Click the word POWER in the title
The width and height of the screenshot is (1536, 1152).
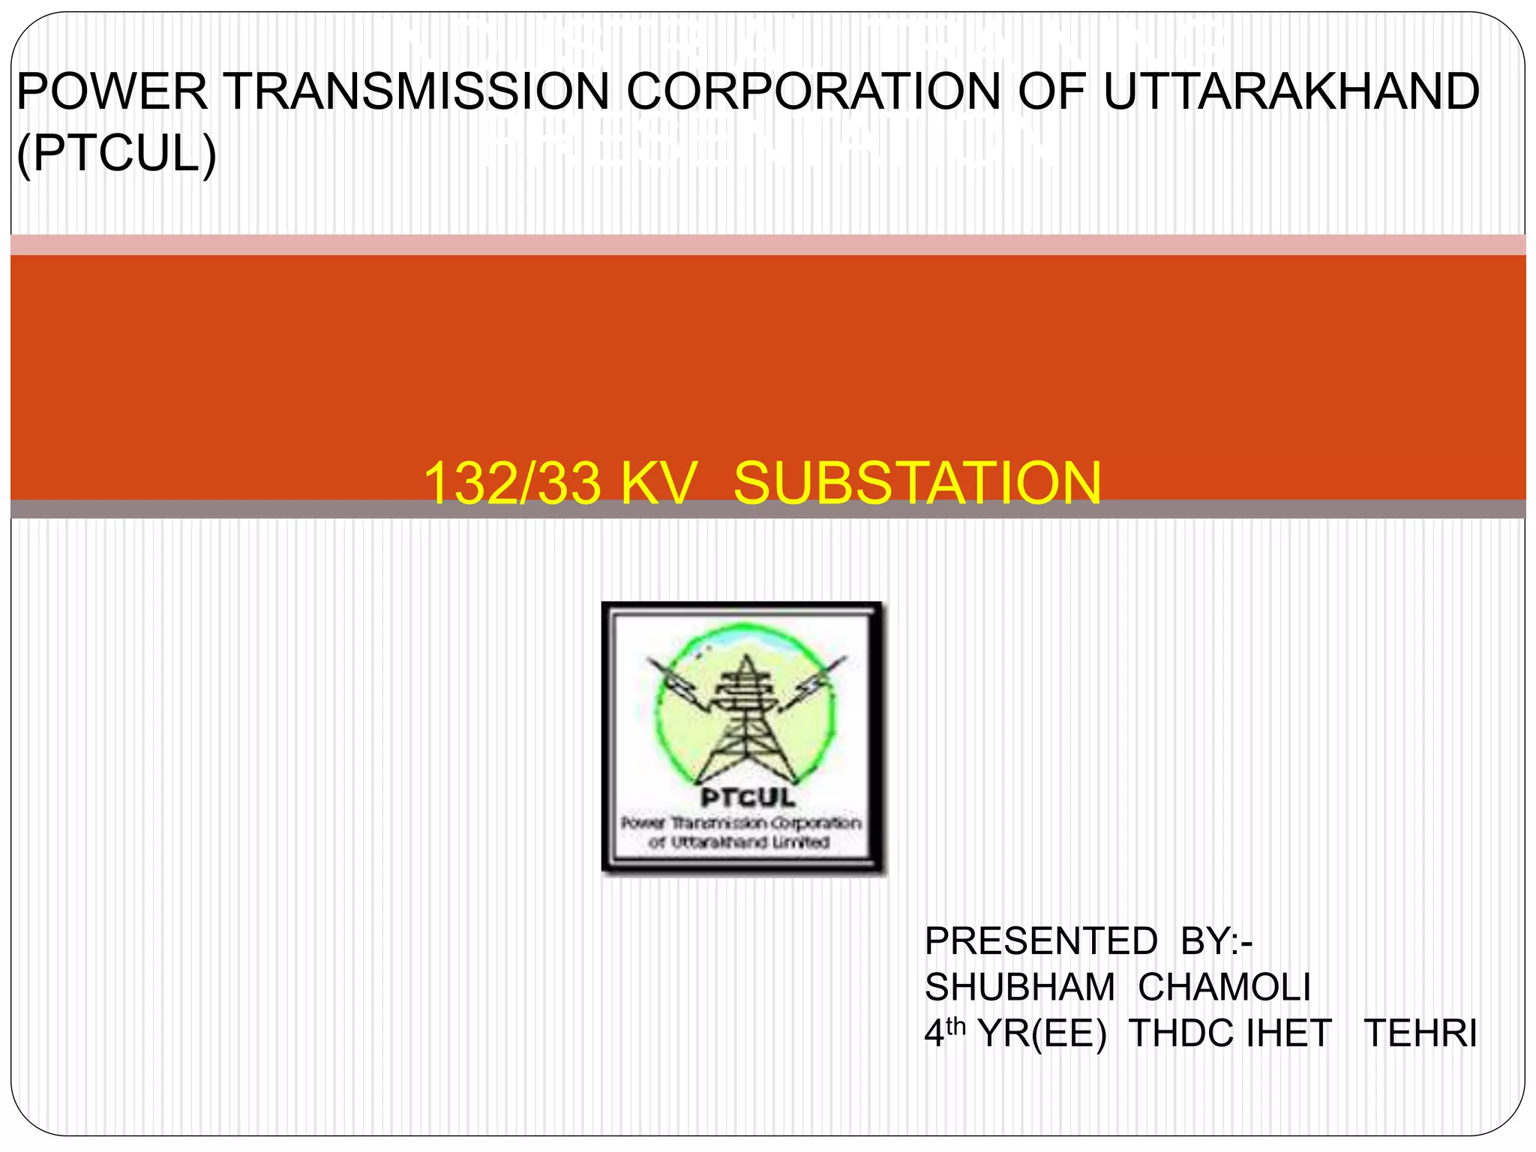coord(112,91)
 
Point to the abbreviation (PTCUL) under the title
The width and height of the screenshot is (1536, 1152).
coord(117,154)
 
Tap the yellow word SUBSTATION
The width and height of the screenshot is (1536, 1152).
coord(917,483)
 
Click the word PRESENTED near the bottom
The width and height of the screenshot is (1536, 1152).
coord(1041,941)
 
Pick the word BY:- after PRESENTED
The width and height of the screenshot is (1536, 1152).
coord(1216,941)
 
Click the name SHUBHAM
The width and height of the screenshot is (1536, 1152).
coord(1019,987)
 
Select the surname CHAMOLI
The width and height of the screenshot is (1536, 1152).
coord(1224,987)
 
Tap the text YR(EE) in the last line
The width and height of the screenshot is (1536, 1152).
coord(1042,1033)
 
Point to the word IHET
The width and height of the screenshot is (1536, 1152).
coord(1288,1033)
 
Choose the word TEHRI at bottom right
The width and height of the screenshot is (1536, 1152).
coord(1420,1033)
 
